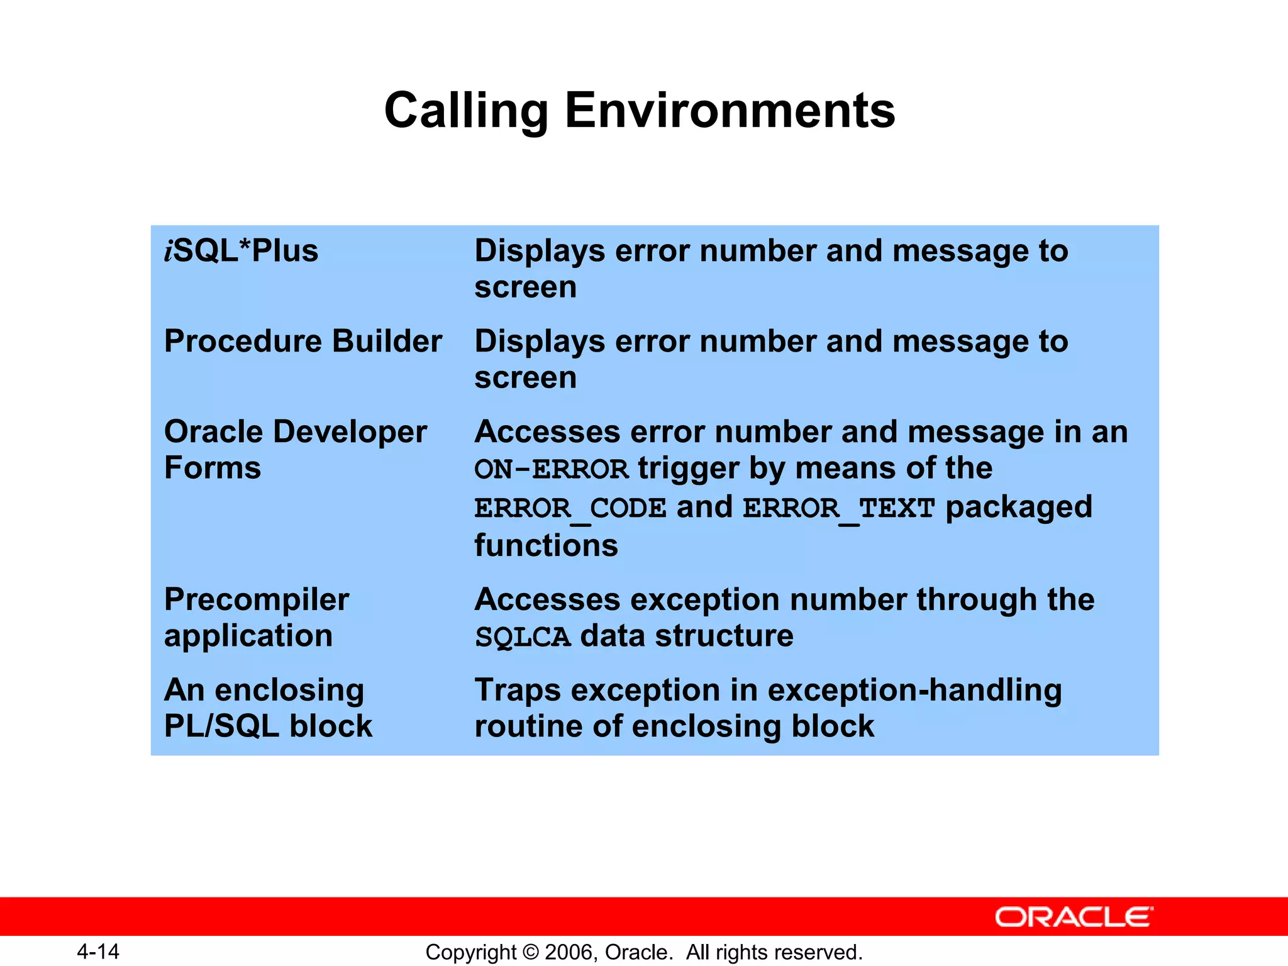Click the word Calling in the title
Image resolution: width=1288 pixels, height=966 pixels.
pyautogui.click(x=466, y=111)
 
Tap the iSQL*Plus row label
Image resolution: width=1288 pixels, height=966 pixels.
pyautogui.click(x=241, y=251)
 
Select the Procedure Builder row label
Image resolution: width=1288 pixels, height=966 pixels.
pyautogui.click(x=303, y=341)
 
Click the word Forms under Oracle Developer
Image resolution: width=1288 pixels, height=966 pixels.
pyautogui.click(x=213, y=468)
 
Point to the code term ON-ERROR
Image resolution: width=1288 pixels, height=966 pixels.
pyautogui.click(x=552, y=470)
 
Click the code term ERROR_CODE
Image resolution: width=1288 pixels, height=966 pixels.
pyautogui.click(x=570, y=508)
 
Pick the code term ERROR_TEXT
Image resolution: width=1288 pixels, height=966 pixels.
pyautogui.click(x=838, y=508)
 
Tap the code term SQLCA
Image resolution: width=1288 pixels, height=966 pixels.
pyautogui.click(x=523, y=637)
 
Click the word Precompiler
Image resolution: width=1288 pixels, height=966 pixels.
pyautogui.click(x=257, y=599)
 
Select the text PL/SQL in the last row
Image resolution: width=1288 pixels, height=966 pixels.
pyautogui.click(x=221, y=726)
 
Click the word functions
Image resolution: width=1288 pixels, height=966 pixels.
pyautogui.click(x=546, y=545)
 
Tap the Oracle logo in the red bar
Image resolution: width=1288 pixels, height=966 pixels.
pyautogui.click(x=1074, y=917)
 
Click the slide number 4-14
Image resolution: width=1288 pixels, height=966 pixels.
pyautogui.click(x=98, y=952)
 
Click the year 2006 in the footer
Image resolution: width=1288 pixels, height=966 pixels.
pyautogui.click(x=569, y=952)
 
